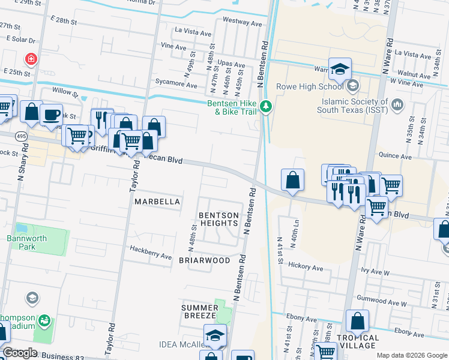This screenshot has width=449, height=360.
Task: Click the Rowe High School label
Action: click(309, 86)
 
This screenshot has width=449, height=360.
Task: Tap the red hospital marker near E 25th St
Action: click(30, 59)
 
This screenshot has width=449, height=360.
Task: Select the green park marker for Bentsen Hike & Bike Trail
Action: click(266, 107)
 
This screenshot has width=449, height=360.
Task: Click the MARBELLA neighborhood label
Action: click(157, 202)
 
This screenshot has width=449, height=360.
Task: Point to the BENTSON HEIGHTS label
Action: click(218, 219)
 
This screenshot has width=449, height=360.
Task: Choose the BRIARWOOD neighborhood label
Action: click(204, 260)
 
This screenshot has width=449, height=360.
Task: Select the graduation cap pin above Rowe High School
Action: click(340, 68)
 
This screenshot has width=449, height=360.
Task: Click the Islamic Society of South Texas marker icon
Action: click(397, 106)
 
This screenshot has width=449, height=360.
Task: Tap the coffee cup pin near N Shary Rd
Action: click(52, 114)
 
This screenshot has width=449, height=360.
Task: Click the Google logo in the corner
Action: click(19, 353)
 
